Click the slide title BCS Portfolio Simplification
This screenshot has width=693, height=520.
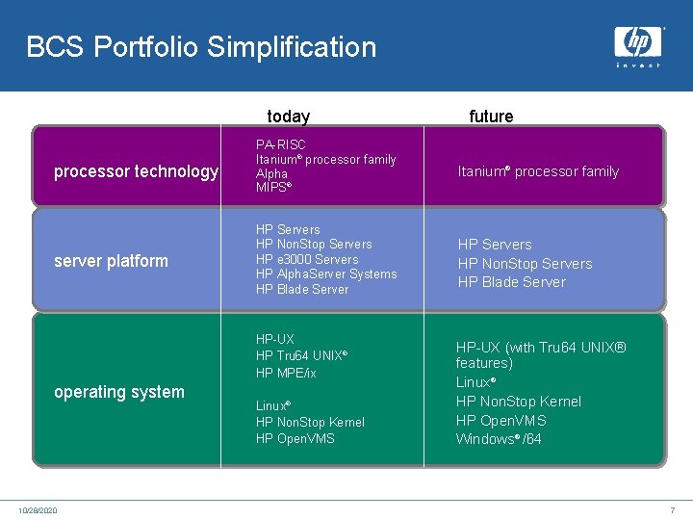point(201,47)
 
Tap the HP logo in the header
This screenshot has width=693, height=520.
point(638,45)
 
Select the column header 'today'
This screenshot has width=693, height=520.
point(288,117)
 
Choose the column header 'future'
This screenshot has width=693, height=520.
point(491,117)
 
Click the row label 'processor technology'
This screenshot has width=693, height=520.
point(136,171)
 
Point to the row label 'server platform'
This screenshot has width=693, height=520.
point(111,261)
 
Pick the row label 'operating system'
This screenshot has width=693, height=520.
point(119,392)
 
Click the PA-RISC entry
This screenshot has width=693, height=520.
point(280,144)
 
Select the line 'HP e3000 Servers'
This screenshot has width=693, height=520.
point(307,259)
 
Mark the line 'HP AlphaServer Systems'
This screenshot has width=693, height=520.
point(326,274)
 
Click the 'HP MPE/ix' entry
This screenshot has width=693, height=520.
point(286,373)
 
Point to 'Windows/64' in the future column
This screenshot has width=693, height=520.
point(499,439)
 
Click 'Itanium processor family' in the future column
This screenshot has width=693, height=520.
point(538,171)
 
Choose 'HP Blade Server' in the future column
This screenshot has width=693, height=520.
point(511,282)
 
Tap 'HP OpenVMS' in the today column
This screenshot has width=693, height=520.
point(295,439)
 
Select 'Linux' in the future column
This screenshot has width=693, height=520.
point(475,382)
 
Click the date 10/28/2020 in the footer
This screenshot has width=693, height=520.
point(38,509)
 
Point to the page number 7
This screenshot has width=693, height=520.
point(672,509)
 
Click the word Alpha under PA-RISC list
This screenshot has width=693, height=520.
point(271,174)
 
